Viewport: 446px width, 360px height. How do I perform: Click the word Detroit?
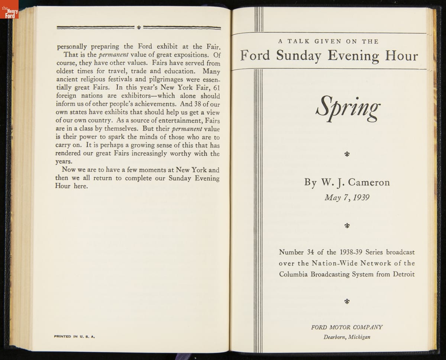(403, 274)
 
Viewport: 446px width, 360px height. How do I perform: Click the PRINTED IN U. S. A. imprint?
(74, 337)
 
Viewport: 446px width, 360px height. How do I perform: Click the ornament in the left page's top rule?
(139, 27)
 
